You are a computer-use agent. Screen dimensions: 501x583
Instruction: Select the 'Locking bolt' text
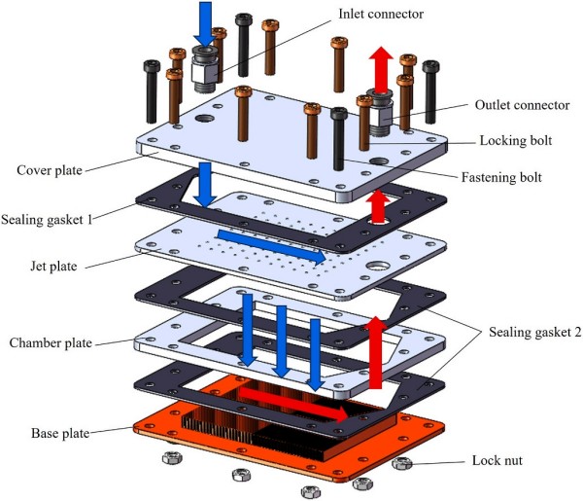(518, 140)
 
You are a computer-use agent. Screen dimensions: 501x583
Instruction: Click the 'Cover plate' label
(48, 169)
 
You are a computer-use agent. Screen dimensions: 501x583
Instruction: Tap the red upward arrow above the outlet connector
(381, 67)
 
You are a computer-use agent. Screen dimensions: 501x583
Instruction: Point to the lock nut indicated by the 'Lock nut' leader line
(400, 464)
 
